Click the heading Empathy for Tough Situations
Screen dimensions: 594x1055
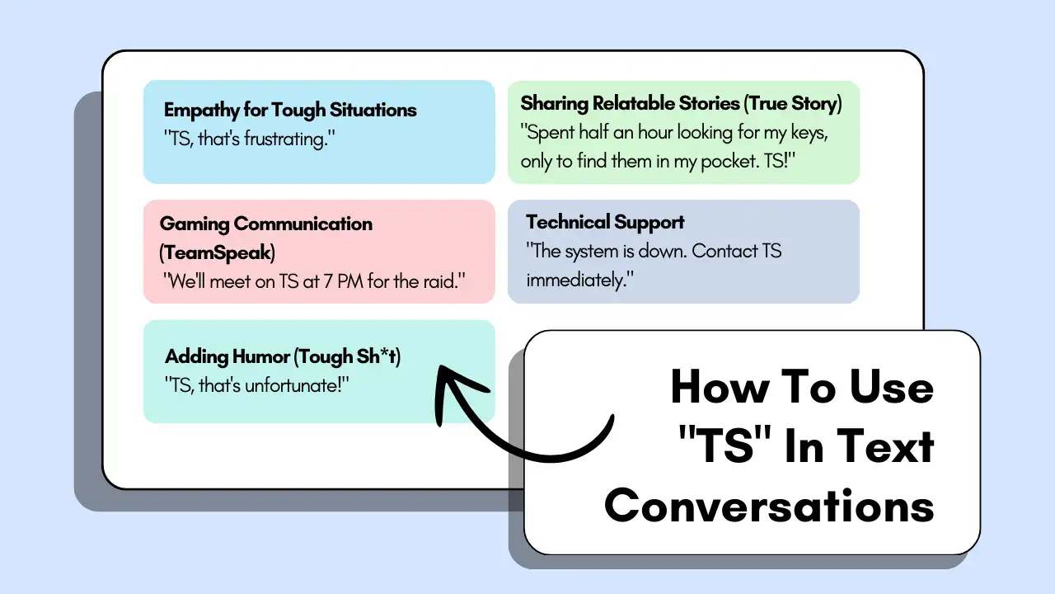290,111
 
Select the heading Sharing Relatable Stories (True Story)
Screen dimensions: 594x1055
681,104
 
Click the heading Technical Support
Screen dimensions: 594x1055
605,223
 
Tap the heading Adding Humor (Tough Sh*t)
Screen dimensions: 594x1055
283,357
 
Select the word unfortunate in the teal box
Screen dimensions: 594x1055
297,385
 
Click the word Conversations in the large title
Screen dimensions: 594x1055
769,505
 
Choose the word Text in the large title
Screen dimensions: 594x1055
885,446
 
